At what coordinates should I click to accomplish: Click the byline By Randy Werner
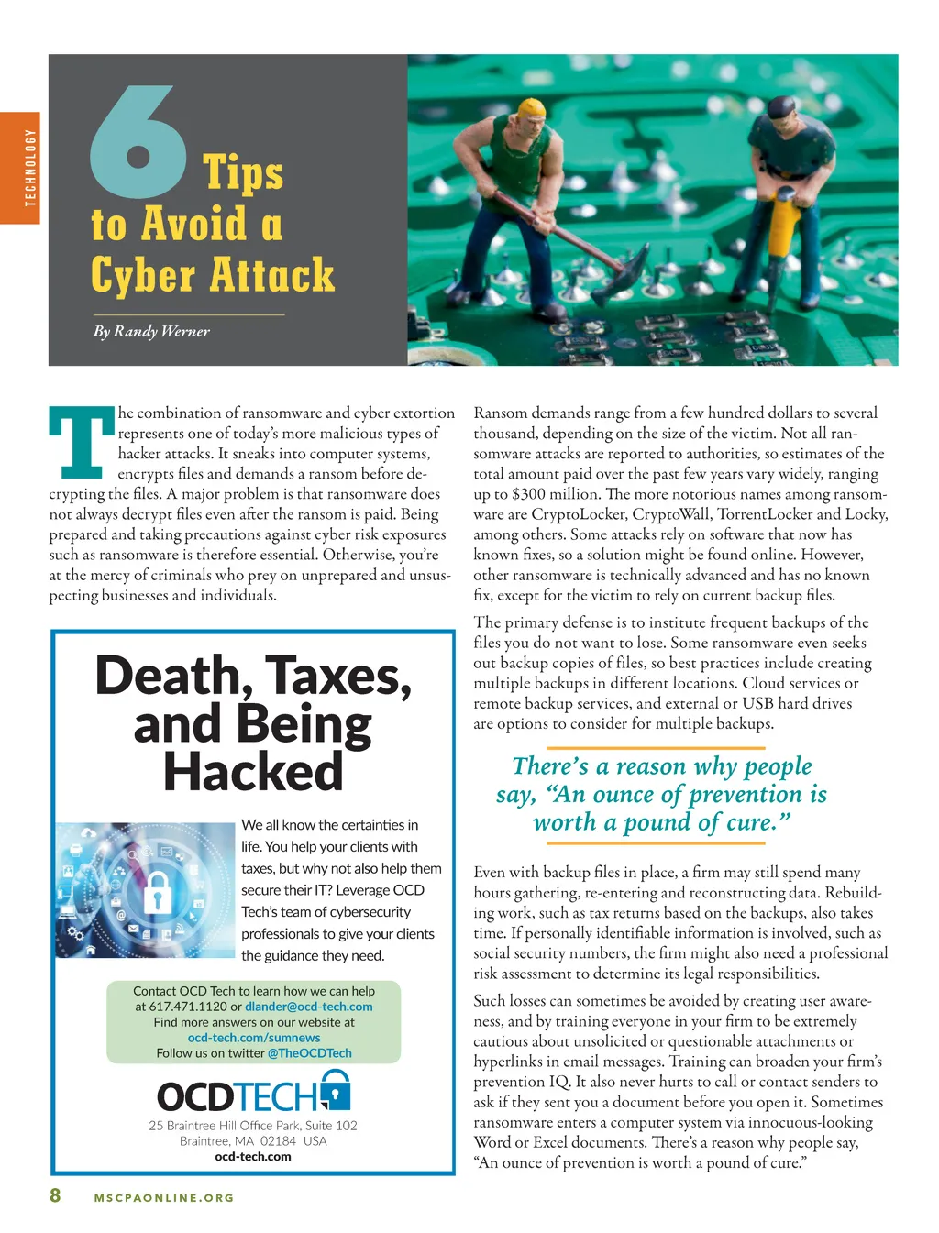[151, 331]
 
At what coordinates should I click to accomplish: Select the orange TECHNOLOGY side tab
[20, 168]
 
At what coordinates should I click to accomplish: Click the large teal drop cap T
[81, 443]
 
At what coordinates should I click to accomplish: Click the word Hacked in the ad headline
[253, 772]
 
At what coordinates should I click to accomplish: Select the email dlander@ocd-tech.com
[308, 1007]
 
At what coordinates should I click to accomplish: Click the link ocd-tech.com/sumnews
[254, 1038]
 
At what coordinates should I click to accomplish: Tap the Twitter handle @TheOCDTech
[309, 1053]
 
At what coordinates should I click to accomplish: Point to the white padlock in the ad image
[157, 891]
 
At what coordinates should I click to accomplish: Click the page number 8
[55, 1195]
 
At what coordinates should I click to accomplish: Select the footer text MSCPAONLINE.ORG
[164, 1198]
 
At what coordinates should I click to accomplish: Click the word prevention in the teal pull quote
[746, 794]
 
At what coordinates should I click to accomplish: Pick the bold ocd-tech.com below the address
[253, 1157]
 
